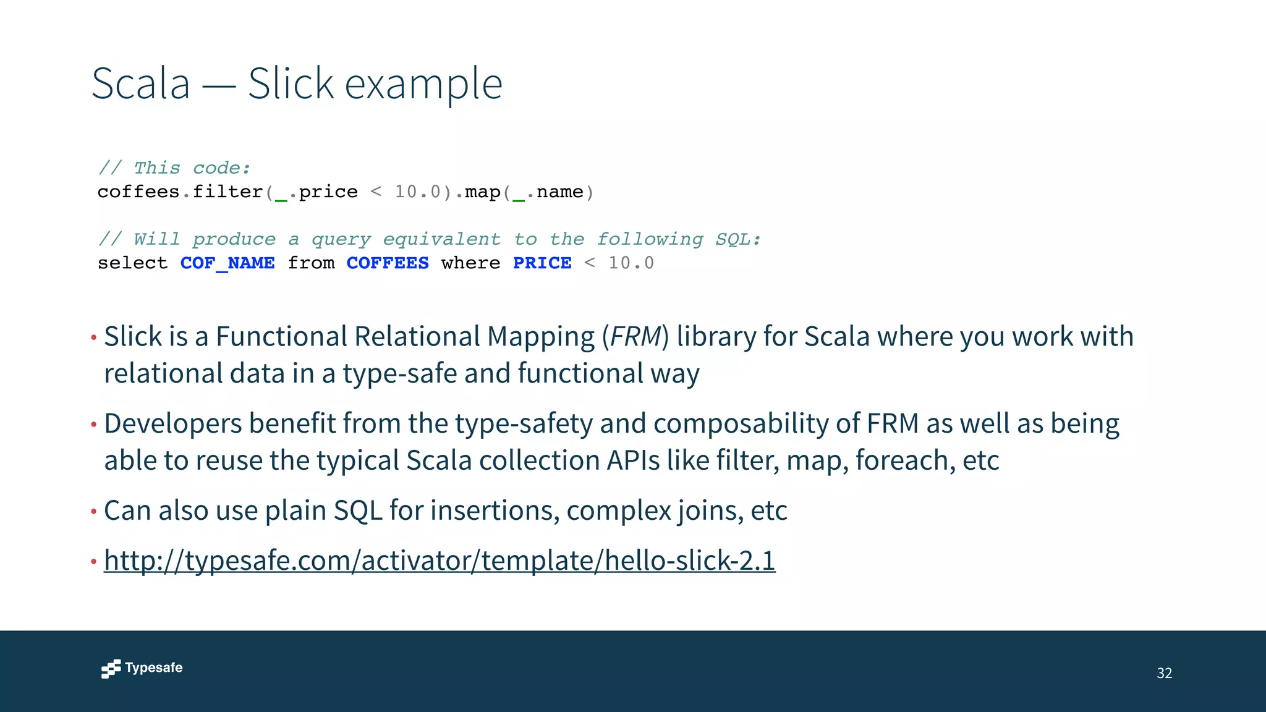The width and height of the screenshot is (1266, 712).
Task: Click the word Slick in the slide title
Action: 291,83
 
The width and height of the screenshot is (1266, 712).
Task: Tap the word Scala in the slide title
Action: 141,83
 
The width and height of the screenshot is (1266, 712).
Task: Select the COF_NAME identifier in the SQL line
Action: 227,263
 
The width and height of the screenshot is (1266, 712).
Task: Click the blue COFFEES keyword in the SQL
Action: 388,263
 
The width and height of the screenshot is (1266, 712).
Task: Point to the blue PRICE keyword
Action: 542,263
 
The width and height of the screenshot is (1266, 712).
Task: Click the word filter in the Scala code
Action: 227,192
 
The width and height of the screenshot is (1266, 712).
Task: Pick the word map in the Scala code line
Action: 482,192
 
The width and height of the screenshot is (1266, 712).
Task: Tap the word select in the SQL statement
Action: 132,263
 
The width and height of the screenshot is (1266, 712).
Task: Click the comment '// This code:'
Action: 174,168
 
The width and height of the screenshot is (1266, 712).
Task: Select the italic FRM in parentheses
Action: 635,337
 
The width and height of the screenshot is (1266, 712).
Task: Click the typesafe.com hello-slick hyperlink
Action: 440,561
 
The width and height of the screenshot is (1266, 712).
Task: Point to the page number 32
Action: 1164,673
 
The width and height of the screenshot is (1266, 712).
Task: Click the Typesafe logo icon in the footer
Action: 111,669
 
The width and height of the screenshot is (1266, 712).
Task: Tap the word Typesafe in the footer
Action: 154,667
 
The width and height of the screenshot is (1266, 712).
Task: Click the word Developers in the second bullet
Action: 172,424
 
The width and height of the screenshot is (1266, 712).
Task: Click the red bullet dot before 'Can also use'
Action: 94,512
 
